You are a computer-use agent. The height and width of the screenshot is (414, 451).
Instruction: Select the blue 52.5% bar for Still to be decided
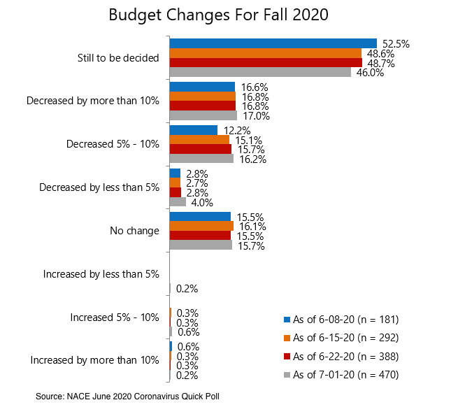coord(273,43)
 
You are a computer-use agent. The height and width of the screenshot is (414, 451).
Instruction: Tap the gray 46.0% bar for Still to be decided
coord(260,72)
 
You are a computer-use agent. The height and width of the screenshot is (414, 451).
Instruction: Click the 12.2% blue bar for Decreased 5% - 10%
coord(194,130)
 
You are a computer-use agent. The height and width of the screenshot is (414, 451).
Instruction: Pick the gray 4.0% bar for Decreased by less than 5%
coord(178,202)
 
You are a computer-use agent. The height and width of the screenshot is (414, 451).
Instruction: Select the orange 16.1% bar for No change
coord(201,226)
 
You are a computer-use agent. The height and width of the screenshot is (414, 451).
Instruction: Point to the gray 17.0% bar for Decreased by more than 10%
coord(203,115)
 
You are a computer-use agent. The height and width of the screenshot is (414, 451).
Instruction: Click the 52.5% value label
coord(395,43)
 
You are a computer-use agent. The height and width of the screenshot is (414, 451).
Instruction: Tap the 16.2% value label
coord(252,159)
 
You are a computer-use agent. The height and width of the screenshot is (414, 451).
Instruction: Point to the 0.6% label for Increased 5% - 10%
coord(187,331)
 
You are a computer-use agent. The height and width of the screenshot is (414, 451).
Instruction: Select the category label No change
coord(134,231)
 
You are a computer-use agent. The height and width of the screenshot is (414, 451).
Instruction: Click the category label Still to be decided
coord(118,57)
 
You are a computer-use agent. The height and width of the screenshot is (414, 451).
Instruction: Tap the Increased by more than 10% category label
coord(95,360)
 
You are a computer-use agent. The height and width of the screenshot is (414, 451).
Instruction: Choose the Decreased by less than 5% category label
coord(99,187)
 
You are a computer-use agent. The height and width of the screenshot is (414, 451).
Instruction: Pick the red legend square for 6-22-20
coord(287,357)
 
